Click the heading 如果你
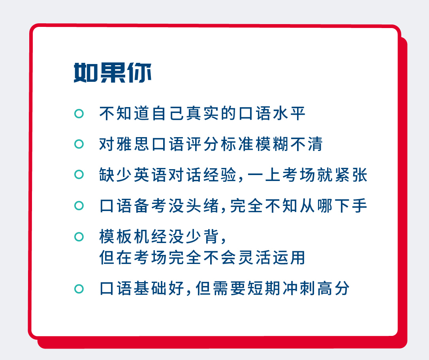[x=113, y=73]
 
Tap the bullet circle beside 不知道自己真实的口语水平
[x=79, y=113]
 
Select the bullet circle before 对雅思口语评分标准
[x=79, y=144]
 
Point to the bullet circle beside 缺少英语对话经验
[x=79, y=175]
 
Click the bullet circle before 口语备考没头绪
[x=79, y=205]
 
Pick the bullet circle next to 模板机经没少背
[x=79, y=237]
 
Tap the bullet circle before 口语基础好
[x=79, y=289]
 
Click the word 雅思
[x=125, y=144]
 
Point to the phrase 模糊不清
[x=290, y=144]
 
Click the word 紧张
[x=351, y=175]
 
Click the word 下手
[x=351, y=205]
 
